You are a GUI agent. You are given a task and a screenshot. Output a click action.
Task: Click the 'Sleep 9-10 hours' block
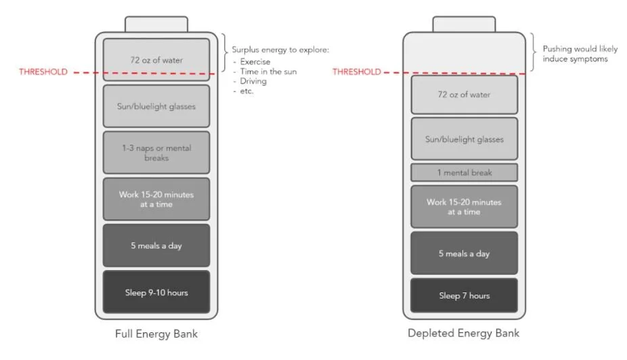[x=156, y=292]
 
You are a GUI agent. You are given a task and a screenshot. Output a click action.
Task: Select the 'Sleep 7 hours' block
[x=464, y=295]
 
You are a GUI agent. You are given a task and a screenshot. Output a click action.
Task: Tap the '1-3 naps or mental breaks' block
[x=156, y=152]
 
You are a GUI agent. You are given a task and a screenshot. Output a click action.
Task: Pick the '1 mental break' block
[x=464, y=173]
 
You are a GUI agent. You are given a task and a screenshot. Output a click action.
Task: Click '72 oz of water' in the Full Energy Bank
[x=156, y=60]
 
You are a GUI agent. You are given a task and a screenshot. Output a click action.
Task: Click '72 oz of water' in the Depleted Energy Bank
[x=464, y=95]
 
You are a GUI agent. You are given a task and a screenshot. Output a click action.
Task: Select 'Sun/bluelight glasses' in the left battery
[x=156, y=106]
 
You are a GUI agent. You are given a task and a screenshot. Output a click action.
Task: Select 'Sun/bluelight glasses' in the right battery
[x=464, y=139]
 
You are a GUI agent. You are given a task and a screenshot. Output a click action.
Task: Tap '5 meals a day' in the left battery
[x=156, y=246]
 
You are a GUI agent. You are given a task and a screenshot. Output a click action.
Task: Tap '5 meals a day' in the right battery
[x=464, y=253]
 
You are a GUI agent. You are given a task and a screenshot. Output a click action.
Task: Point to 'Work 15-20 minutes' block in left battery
[x=156, y=199]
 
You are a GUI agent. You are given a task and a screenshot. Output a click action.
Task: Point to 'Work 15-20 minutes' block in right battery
[x=464, y=206]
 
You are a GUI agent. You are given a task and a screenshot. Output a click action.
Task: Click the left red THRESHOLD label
[x=43, y=72]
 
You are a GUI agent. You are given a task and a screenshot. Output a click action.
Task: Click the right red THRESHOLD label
[x=357, y=72]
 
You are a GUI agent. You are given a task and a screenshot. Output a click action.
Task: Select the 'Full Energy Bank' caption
[x=156, y=334]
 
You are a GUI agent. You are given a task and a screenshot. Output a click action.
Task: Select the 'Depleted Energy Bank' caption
[x=464, y=333]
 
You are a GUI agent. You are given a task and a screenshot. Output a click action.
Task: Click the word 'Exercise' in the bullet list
[x=255, y=62]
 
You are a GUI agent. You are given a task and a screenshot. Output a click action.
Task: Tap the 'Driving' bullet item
[x=253, y=81]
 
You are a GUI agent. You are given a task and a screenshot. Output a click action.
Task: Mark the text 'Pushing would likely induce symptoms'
[x=579, y=54]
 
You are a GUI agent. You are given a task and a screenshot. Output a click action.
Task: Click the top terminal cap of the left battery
[x=156, y=24]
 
